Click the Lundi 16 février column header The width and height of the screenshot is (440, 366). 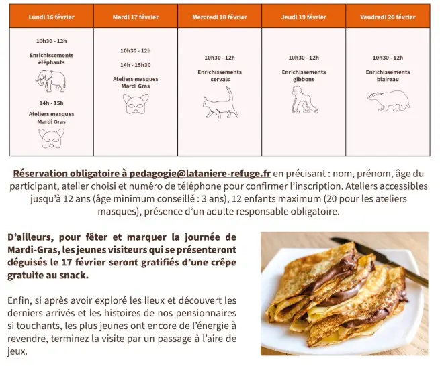tap(51, 17)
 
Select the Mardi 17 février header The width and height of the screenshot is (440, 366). tap(135, 17)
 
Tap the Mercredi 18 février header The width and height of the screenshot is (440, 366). tap(220, 17)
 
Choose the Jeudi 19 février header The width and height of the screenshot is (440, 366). tap(304, 17)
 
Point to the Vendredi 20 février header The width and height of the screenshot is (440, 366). tap(388, 17)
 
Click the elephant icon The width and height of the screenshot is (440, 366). tap(52, 81)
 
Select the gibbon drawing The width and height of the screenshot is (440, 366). tap(304, 99)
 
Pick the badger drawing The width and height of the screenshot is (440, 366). tap(388, 101)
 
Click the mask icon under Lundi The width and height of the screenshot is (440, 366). tap(52, 137)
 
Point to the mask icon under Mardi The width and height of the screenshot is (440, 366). tap(135, 103)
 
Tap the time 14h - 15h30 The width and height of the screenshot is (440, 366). tap(135, 65)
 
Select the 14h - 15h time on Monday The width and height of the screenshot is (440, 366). tap(52, 103)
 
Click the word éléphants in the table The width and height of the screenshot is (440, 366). tap(52, 62)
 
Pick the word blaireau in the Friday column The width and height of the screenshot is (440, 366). tap(388, 79)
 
